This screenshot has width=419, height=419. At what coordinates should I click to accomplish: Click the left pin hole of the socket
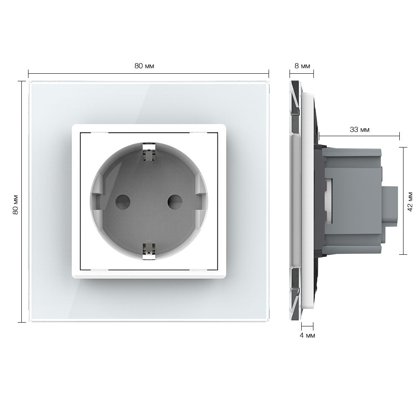(123, 202)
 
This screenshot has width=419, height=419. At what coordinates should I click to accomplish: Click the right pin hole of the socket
(175, 202)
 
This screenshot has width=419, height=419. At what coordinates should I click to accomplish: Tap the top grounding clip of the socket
(149, 153)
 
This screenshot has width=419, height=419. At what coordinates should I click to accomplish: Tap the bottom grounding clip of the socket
(149, 251)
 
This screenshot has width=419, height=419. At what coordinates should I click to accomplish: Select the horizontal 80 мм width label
(144, 66)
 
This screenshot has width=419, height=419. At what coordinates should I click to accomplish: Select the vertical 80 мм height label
(16, 204)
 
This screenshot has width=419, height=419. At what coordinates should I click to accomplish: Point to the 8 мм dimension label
(302, 66)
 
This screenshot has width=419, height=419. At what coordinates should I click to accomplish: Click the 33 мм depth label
(360, 129)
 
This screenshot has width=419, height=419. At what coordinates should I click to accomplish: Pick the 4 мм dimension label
(307, 335)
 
